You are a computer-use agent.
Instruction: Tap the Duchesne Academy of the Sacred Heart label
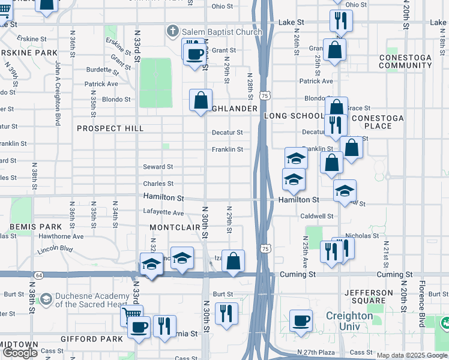[x=93, y=300]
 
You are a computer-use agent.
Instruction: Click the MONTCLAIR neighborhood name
[x=174, y=228]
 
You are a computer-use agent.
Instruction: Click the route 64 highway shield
[x=38, y=274]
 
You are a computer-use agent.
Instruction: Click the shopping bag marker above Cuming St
[x=234, y=260]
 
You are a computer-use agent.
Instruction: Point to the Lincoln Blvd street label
[x=55, y=249]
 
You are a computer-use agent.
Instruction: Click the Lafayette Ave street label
[x=163, y=212]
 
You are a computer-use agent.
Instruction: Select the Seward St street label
[x=158, y=167]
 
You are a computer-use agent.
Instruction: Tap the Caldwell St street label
[x=318, y=216]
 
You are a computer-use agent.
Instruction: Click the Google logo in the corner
[x=20, y=353]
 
